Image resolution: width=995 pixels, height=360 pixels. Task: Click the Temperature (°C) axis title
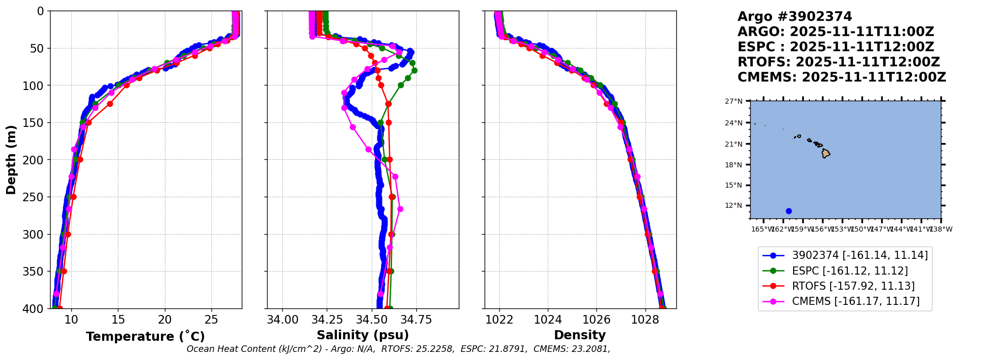(145, 337)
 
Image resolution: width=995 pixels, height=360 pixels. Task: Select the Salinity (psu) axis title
(363, 335)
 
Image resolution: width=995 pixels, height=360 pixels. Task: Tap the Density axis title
(580, 335)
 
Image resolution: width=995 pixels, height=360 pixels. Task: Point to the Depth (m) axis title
(11, 160)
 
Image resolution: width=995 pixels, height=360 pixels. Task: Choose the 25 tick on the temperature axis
(211, 320)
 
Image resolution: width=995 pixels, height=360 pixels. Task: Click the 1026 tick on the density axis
(596, 320)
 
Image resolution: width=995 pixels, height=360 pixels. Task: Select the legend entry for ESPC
(849, 271)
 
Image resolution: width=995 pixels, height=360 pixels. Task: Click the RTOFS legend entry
(853, 286)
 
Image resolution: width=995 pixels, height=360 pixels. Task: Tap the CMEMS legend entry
(855, 301)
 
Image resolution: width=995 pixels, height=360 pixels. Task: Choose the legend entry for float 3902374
(859, 256)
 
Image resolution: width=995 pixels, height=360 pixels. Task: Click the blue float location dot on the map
(789, 211)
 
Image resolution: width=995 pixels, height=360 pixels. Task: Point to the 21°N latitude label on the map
(733, 144)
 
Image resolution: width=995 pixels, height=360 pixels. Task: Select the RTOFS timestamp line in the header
(838, 62)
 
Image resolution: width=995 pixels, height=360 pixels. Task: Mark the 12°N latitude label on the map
(733, 206)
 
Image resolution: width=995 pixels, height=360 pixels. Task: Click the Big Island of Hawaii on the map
(826, 153)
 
